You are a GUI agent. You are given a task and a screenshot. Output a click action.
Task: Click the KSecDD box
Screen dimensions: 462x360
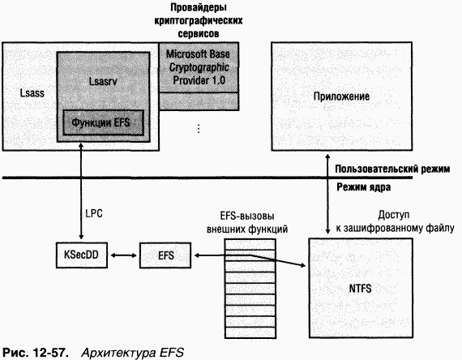click(x=82, y=255)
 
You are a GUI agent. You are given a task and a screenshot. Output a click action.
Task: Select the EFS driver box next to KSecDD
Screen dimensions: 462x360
click(x=165, y=255)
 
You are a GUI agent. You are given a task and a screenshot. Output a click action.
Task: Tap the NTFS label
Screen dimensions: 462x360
click(x=360, y=288)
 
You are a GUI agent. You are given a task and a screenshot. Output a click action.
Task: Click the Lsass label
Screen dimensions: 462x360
click(x=32, y=93)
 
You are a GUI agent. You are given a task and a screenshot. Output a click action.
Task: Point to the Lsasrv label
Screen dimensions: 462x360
click(x=103, y=81)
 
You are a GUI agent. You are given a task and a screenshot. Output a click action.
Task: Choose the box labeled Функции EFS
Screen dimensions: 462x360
click(x=104, y=122)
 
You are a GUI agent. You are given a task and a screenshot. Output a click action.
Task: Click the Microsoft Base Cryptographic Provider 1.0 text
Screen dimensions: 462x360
click(x=199, y=67)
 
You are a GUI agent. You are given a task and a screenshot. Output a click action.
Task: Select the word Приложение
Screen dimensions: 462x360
click(x=341, y=96)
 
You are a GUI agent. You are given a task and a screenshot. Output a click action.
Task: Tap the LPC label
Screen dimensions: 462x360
click(x=94, y=213)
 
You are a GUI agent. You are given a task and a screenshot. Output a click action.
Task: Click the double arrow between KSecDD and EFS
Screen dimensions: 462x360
click(x=123, y=255)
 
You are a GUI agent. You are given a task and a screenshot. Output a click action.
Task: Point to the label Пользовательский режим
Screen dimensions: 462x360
click(x=392, y=169)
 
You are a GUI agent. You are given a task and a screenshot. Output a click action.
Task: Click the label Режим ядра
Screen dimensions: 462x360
click(x=364, y=187)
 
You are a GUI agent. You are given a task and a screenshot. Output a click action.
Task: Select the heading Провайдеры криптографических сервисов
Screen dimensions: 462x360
click(x=199, y=20)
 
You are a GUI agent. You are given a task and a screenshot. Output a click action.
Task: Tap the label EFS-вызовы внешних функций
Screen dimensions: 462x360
click(x=247, y=223)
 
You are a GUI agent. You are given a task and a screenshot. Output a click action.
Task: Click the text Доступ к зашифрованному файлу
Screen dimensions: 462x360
click(x=395, y=221)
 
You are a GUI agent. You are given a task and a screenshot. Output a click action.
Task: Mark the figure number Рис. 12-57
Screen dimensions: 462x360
click(x=36, y=353)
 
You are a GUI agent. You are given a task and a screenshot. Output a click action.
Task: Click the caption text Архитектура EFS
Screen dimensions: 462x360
click(x=132, y=353)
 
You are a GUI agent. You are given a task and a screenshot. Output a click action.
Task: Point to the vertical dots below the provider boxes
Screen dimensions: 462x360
click(x=199, y=129)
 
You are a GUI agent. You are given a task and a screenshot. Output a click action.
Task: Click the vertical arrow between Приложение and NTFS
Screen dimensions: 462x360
click(x=327, y=194)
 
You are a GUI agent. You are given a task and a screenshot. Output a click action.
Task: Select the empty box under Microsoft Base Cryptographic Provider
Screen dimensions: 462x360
click(x=199, y=101)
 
